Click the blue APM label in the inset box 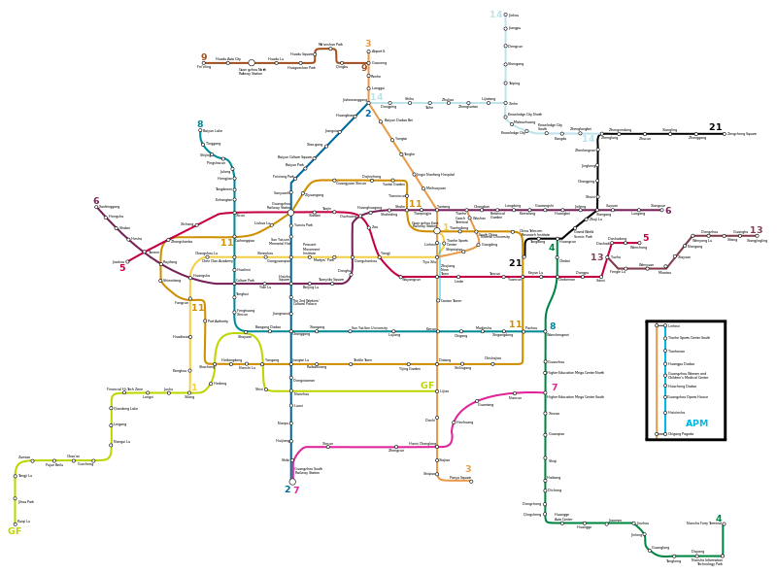(x=696, y=423)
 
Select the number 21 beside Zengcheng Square (x=716, y=127)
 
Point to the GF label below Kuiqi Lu (x=15, y=531)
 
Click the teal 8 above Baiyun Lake (x=200, y=124)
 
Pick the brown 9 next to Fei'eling (x=204, y=57)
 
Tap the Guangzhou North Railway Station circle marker (x=252, y=63)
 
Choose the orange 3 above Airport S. (x=368, y=44)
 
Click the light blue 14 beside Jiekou (x=496, y=15)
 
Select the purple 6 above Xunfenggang (x=96, y=201)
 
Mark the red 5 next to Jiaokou (x=122, y=268)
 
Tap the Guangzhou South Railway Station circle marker (x=292, y=482)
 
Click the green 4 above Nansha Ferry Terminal (x=719, y=519)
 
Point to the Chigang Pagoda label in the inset (x=682, y=434)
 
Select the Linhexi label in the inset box (x=674, y=326)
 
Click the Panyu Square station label (x=459, y=478)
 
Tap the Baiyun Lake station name (x=213, y=131)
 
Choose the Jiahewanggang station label (x=355, y=100)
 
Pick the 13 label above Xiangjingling (x=757, y=230)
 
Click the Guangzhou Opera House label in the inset (x=687, y=397)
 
